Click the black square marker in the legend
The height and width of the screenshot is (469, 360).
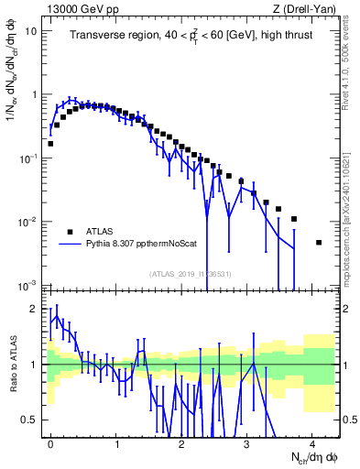[x=70, y=232]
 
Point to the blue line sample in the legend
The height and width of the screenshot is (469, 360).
[x=70, y=245]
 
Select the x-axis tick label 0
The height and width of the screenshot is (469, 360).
[x=50, y=442]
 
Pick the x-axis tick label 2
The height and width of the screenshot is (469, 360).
[x=181, y=442]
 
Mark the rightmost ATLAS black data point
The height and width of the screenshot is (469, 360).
[x=319, y=243]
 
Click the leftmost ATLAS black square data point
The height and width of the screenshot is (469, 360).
[x=50, y=144]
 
